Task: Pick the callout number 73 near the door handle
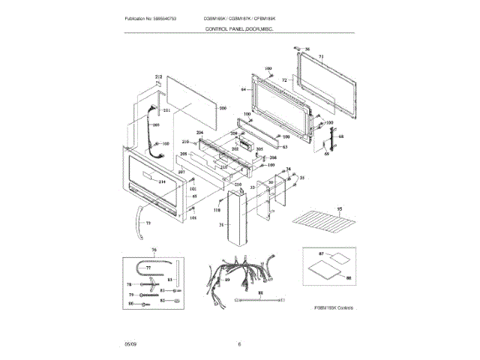[x=148, y=223]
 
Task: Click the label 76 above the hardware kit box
[x=154, y=250]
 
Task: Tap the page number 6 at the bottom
[x=239, y=344]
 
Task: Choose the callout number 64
[x=243, y=89]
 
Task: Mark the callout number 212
[x=158, y=77]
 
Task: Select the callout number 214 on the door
[x=161, y=182]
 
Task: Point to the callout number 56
[x=306, y=49]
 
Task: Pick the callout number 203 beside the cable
[x=156, y=124]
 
